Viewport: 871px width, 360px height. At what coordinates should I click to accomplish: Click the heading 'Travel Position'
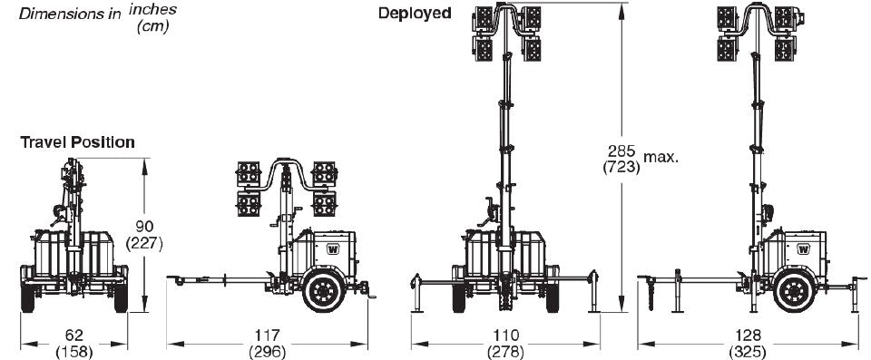click(x=78, y=142)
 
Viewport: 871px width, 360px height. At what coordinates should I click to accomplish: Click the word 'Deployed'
click(x=415, y=13)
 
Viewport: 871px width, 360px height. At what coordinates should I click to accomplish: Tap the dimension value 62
click(x=73, y=336)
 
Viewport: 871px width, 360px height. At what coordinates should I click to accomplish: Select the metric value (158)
click(x=73, y=351)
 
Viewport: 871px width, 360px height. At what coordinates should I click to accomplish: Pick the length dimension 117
click(x=268, y=336)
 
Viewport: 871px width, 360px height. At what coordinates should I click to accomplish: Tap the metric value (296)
click(x=268, y=351)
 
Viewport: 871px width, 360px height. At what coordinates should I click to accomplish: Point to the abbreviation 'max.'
click(x=661, y=158)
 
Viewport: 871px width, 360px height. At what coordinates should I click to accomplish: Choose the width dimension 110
click(x=505, y=336)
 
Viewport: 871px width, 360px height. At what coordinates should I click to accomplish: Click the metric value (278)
click(x=505, y=351)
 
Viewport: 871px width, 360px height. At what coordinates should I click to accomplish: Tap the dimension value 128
click(x=748, y=336)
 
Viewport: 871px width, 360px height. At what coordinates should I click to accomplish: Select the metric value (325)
click(x=748, y=351)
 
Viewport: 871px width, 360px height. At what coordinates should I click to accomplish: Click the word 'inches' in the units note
click(x=153, y=9)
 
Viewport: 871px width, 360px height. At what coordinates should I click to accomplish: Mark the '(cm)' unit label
click(x=153, y=25)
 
